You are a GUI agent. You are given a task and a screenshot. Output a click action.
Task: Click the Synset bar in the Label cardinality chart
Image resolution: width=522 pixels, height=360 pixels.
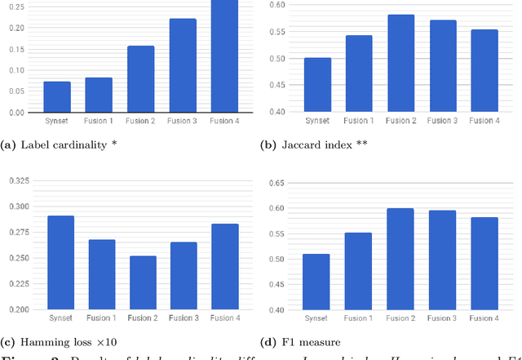tap(57, 97)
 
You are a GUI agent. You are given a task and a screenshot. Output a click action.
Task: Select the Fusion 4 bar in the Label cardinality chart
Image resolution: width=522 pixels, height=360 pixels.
tap(224, 56)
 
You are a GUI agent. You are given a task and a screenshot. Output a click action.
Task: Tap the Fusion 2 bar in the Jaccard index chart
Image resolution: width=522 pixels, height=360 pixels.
tap(400, 64)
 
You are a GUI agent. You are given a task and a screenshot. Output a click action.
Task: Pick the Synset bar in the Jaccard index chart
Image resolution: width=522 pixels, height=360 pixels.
tap(316, 85)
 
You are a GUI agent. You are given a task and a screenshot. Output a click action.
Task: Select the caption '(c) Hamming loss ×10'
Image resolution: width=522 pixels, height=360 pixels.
tap(49, 341)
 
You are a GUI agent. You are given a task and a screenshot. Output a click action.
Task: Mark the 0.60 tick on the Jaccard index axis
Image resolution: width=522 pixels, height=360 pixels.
tap(278, 5)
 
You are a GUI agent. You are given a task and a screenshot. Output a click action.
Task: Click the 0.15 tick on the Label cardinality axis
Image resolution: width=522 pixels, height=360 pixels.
tap(16, 49)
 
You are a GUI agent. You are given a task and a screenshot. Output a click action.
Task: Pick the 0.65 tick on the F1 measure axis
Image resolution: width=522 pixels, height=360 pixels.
tap(278, 182)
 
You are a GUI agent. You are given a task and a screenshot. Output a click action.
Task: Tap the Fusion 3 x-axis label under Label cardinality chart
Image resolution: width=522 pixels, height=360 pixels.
tap(182, 121)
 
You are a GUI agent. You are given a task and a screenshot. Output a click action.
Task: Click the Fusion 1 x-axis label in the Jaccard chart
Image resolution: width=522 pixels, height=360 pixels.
tap(358, 121)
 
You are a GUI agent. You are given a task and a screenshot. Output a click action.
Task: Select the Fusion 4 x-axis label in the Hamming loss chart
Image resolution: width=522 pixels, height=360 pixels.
tap(224, 318)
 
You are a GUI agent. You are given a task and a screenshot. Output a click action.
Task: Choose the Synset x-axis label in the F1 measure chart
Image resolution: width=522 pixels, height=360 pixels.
tap(316, 318)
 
